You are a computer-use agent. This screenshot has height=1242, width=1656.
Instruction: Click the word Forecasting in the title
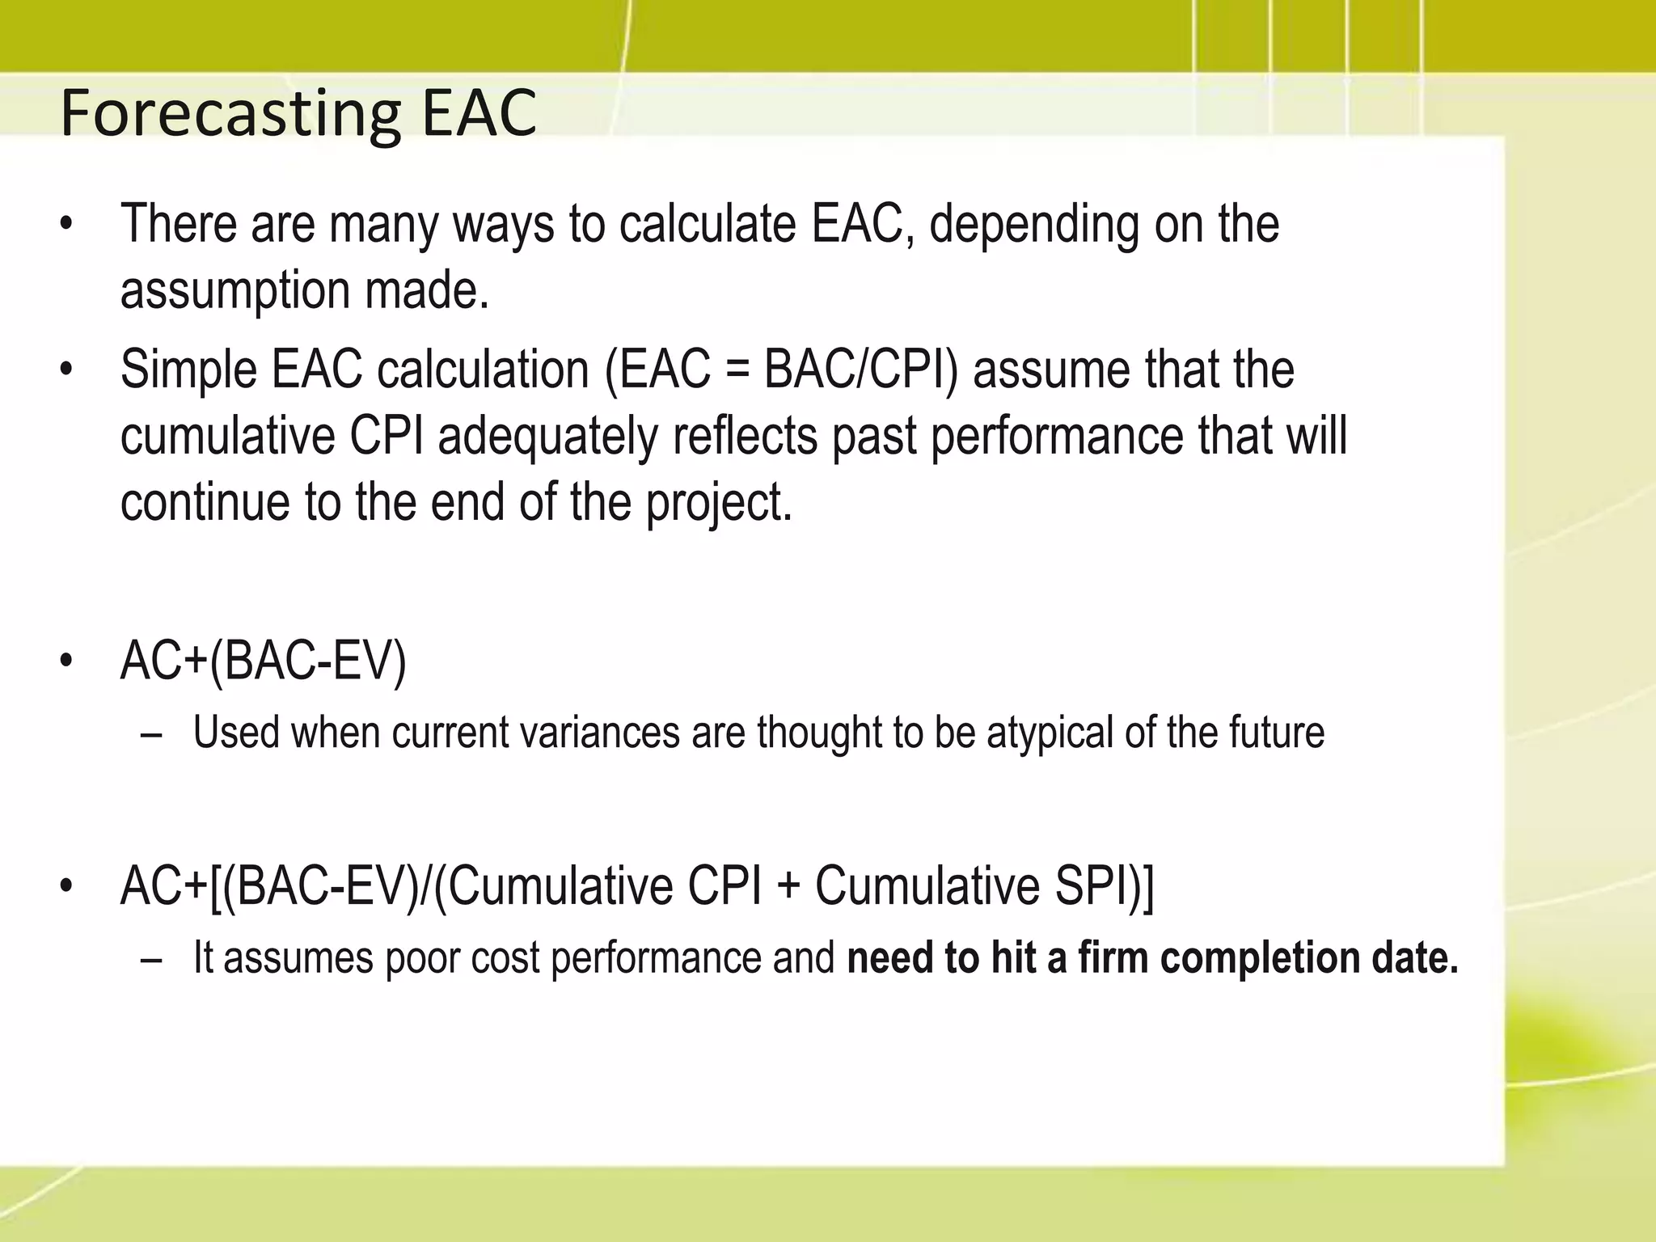(230, 114)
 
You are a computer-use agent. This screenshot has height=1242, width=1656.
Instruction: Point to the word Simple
(188, 371)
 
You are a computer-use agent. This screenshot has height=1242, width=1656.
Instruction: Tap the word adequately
(548, 437)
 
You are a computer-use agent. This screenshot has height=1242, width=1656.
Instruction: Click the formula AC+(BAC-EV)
(263, 661)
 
